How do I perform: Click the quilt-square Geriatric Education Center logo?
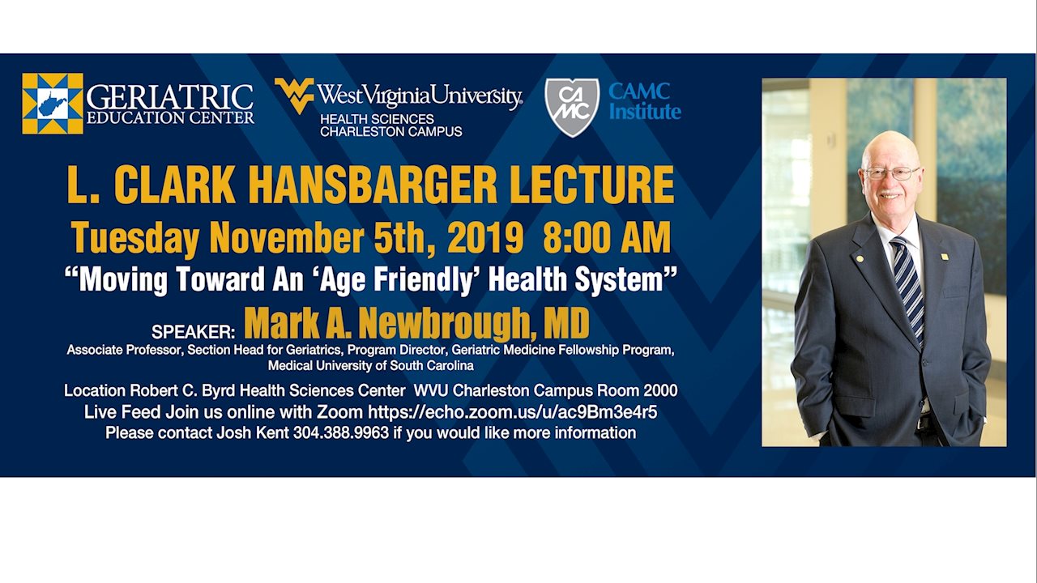click(x=53, y=104)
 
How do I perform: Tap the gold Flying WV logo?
click(x=294, y=96)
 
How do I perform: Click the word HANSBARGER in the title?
click(x=373, y=185)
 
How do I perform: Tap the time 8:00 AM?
click(x=607, y=238)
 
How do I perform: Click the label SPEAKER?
click(x=194, y=332)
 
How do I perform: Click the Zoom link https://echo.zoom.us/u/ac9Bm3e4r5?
click(x=513, y=412)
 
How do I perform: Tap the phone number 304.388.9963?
click(x=341, y=433)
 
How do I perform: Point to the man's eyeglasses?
click(x=890, y=173)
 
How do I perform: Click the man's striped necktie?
click(x=907, y=289)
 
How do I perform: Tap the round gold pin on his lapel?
click(x=860, y=258)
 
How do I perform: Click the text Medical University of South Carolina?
click(x=371, y=365)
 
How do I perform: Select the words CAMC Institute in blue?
click(x=645, y=101)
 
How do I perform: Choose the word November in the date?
click(x=287, y=238)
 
